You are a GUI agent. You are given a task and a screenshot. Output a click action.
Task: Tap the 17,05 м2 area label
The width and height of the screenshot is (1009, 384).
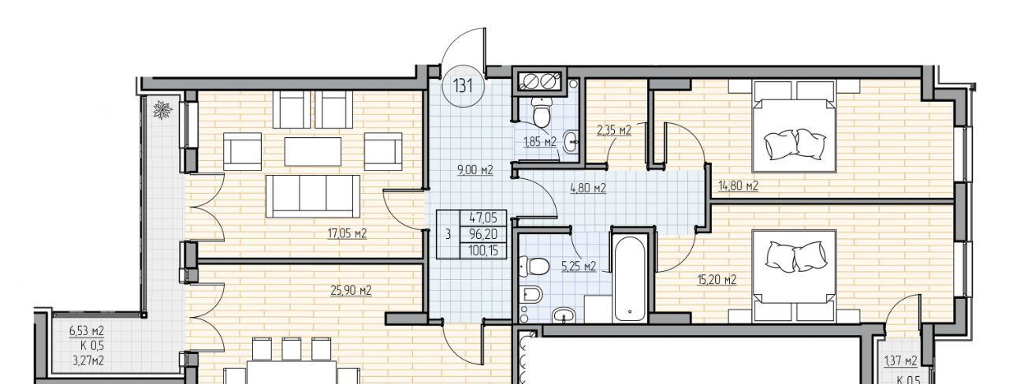click(347, 233)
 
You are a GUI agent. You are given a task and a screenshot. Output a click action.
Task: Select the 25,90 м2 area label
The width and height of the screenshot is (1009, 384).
click(351, 291)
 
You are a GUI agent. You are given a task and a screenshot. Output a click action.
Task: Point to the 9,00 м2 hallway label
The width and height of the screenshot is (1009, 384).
click(475, 170)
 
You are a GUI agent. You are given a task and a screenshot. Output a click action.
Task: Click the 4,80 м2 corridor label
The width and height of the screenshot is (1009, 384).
click(588, 188)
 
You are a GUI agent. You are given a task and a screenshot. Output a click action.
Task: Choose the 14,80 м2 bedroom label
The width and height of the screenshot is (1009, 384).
click(738, 185)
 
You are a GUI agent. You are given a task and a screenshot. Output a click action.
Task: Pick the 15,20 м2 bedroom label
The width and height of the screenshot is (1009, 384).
click(717, 280)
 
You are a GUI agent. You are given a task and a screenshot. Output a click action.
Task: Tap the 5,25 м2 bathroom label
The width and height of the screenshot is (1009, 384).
click(579, 267)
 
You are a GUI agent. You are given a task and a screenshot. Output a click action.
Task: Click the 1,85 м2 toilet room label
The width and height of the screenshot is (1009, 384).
click(540, 142)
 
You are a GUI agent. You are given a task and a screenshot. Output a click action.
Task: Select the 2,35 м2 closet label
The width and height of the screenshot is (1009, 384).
click(614, 130)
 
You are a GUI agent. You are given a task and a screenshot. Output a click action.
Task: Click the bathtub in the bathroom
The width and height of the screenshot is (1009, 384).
click(630, 278)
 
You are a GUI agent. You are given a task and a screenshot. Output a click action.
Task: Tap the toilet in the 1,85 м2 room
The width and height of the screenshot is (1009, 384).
click(541, 113)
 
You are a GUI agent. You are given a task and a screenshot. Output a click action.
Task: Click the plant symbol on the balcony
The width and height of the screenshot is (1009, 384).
click(162, 109)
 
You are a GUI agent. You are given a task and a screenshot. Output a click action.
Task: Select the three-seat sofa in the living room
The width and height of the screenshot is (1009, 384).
click(313, 196)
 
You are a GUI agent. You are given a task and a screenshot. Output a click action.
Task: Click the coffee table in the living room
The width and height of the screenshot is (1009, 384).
click(313, 152)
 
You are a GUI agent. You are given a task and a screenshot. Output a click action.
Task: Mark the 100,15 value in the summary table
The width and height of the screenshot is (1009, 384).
click(483, 251)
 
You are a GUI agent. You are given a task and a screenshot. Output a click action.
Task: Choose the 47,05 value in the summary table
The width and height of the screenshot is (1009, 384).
click(483, 218)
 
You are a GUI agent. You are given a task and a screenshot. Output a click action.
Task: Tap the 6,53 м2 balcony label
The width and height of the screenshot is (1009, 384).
click(87, 331)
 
